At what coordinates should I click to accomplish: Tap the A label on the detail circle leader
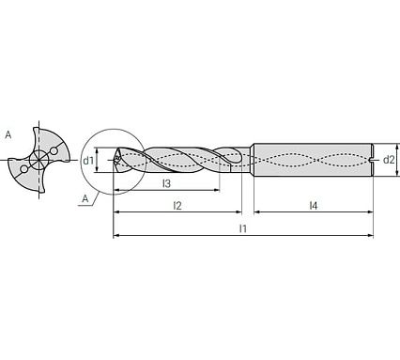[85, 199]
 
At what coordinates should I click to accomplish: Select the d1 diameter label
[88, 161]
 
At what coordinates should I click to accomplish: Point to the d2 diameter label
[388, 160]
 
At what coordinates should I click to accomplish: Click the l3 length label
[166, 182]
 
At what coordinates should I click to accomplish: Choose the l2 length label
[177, 205]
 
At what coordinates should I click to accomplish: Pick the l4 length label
[314, 205]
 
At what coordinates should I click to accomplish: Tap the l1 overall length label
[242, 228]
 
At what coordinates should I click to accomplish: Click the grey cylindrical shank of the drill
[310, 160]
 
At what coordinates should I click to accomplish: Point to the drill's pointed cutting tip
[114, 161]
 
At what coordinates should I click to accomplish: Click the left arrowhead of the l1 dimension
[116, 236]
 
